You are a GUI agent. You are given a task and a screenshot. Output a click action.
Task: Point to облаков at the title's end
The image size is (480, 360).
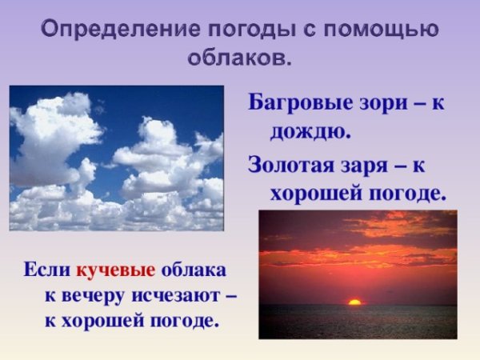pos(238,58)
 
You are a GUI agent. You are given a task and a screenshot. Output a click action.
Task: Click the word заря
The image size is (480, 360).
pos(367,166)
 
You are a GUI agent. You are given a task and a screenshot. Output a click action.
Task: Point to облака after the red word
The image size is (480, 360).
pos(194,269)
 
